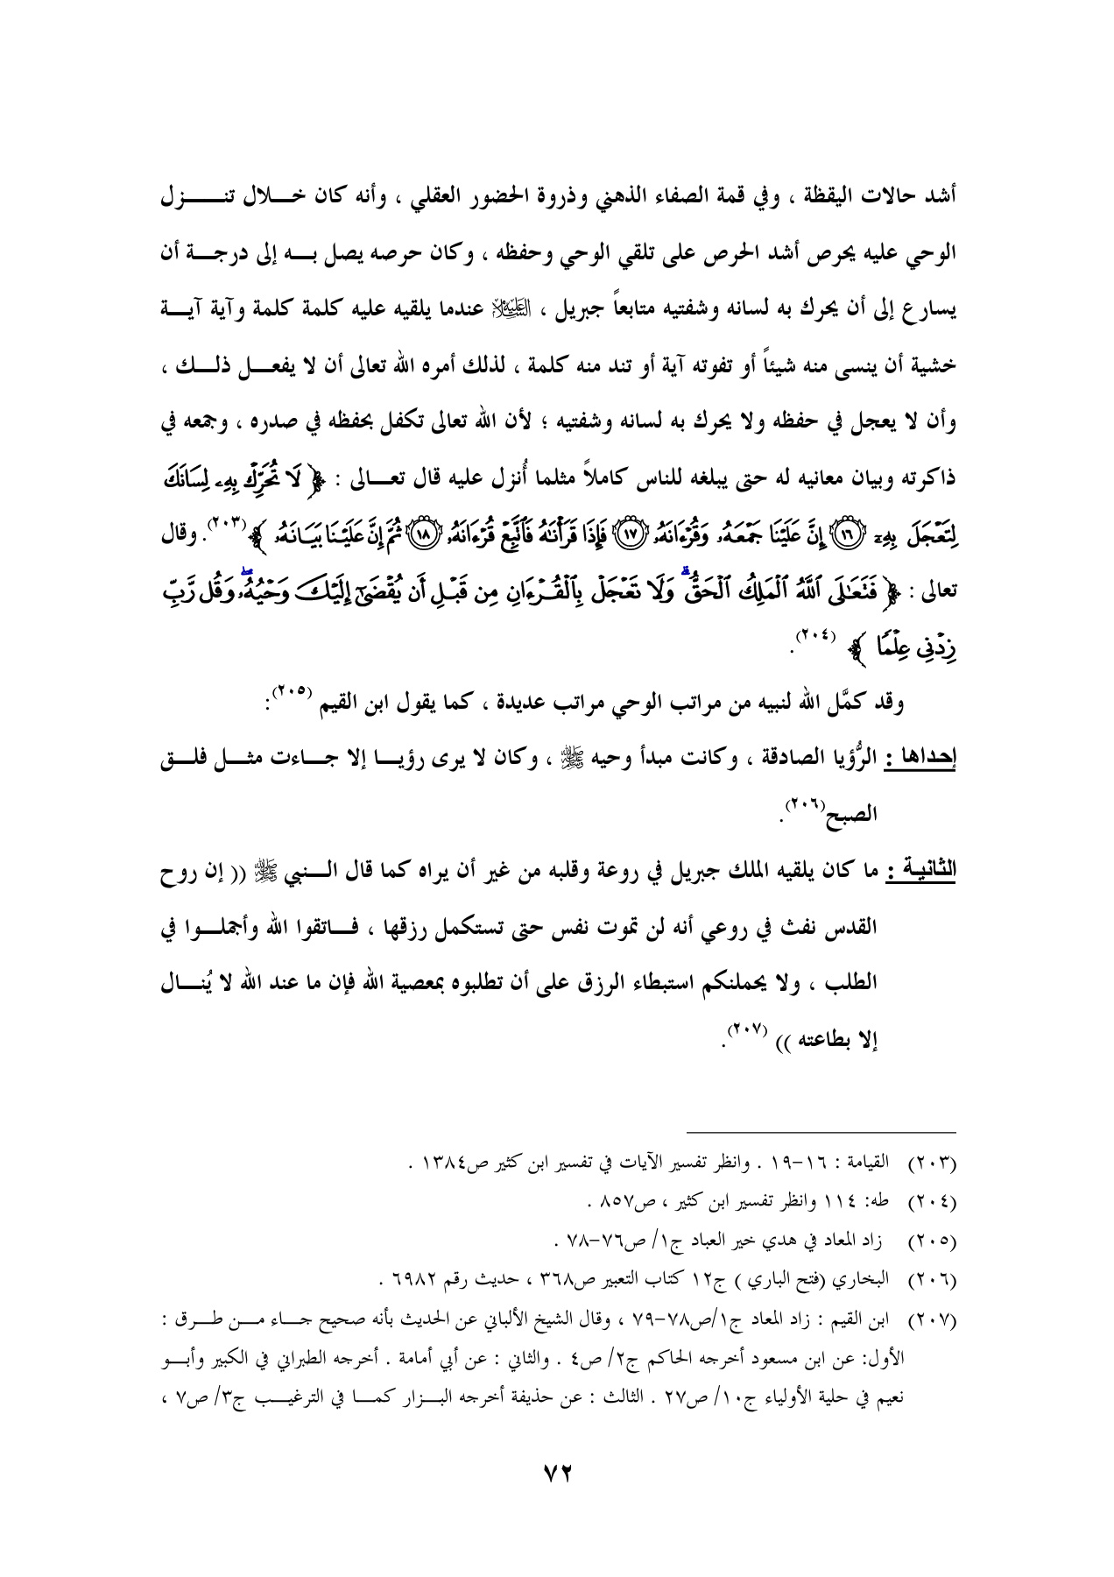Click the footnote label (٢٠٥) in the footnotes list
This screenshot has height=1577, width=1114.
[934, 1242]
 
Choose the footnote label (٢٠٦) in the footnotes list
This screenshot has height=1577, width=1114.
[934, 1282]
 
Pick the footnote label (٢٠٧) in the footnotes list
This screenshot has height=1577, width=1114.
[934, 1322]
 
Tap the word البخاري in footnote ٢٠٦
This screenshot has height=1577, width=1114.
[865, 1282]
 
